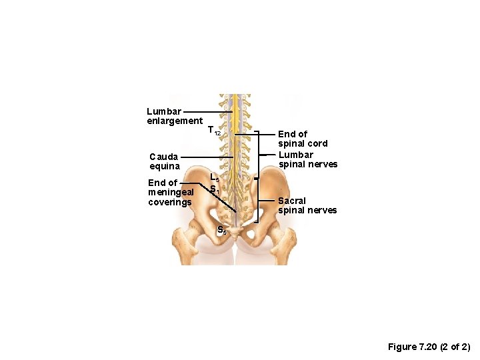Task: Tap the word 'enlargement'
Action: coord(175,121)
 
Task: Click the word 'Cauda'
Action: coord(163,157)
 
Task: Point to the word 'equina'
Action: coord(164,167)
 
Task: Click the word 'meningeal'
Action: coord(171,193)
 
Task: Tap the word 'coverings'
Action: coord(170,203)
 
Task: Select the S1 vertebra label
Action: coord(214,189)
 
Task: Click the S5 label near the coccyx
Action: coord(221,231)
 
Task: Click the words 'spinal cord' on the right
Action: coord(303,143)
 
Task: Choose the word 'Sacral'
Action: coord(292,201)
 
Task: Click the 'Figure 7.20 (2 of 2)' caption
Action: coord(429,347)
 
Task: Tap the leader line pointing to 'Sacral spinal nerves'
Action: coord(267,201)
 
